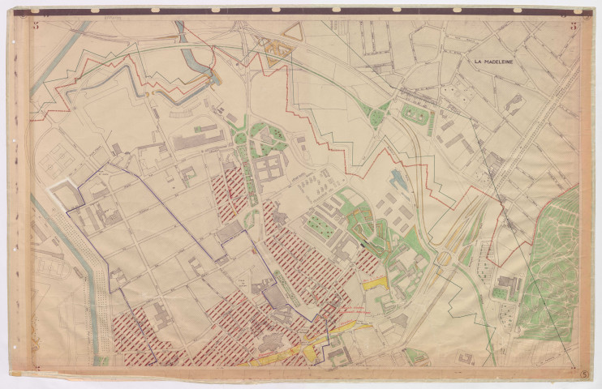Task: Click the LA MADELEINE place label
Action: [x=497, y=61]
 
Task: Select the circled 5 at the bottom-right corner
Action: [x=585, y=374]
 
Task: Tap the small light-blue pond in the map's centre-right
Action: [x=397, y=179]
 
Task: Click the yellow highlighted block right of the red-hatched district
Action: [x=374, y=283]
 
